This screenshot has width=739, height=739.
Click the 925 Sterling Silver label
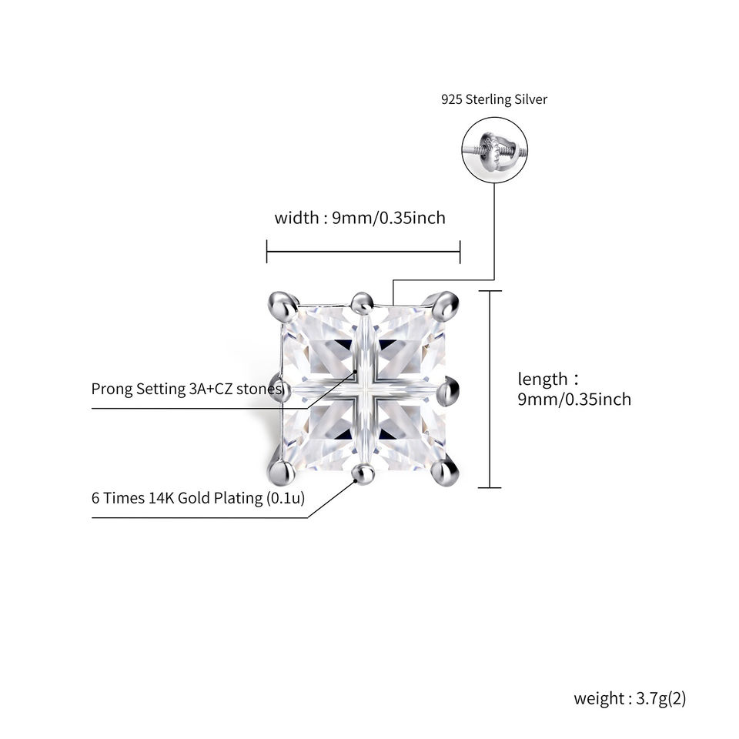(x=494, y=99)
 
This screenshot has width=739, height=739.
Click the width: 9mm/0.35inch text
(x=360, y=218)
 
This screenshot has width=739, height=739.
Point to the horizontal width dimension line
(x=363, y=252)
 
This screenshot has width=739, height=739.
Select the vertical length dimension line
(x=490, y=390)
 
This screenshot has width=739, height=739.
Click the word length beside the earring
(x=543, y=379)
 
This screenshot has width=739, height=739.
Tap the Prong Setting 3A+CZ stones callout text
(x=188, y=390)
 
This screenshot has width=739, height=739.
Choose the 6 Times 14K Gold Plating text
(x=198, y=498)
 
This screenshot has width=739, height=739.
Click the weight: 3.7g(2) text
(x=630, y=698)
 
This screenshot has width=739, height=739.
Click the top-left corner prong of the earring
(x=283, y=305)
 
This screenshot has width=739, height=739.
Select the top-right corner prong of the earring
(x=443, y=306)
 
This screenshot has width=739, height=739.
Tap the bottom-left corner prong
(x=282, y=472)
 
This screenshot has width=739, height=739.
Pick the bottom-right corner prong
(x=444, y=472)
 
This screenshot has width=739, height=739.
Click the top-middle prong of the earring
(x=363, y=303)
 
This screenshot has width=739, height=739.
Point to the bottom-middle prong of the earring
(x=364, y=473)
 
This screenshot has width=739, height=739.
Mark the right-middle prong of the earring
(x=448, y=390)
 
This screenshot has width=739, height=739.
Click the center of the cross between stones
(x=364, y=390)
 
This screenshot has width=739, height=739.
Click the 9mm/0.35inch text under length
(x=574, y=400)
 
